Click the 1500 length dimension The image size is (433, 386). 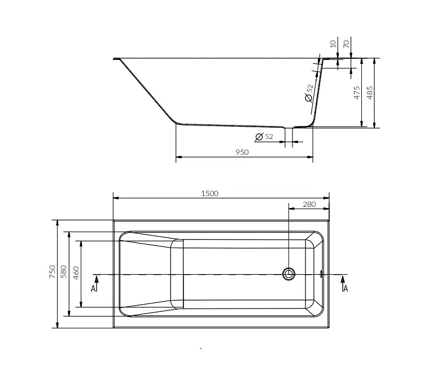point(209,193)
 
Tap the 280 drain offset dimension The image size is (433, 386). point(309,204)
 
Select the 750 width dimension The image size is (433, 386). point(52,271)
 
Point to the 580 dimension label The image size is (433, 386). point(64,271)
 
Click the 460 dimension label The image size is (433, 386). point(76,272)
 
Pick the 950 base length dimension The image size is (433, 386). point(242,152)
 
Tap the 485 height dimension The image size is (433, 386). point(369,92)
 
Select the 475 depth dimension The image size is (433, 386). point(357,92)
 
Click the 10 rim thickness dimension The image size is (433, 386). point(333,44)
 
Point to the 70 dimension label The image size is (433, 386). point(346,44)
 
